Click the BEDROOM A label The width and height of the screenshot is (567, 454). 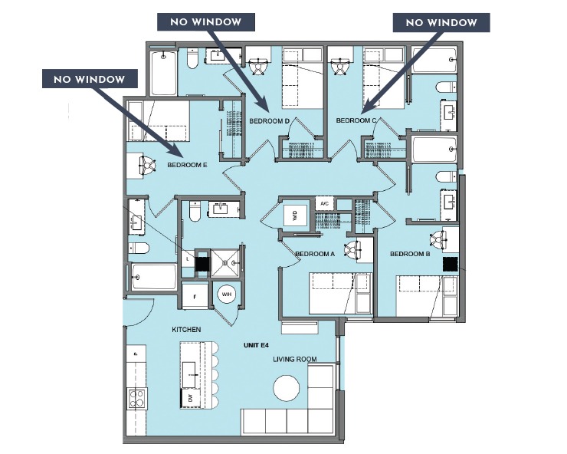(315, 254)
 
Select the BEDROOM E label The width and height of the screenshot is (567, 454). (188, 164)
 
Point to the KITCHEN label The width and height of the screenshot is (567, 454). (186, 329)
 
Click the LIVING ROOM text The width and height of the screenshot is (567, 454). (295, 358)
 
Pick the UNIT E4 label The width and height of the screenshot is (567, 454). (254, 346)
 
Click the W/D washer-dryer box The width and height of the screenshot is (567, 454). (294, 216)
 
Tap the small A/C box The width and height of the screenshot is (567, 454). (324, 203)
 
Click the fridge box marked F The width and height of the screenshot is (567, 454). (195, 295)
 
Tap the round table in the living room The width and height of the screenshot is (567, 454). (288, 387)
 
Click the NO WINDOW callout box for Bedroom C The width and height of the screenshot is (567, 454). (441, 23)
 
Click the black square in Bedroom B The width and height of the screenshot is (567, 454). (451, 265)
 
